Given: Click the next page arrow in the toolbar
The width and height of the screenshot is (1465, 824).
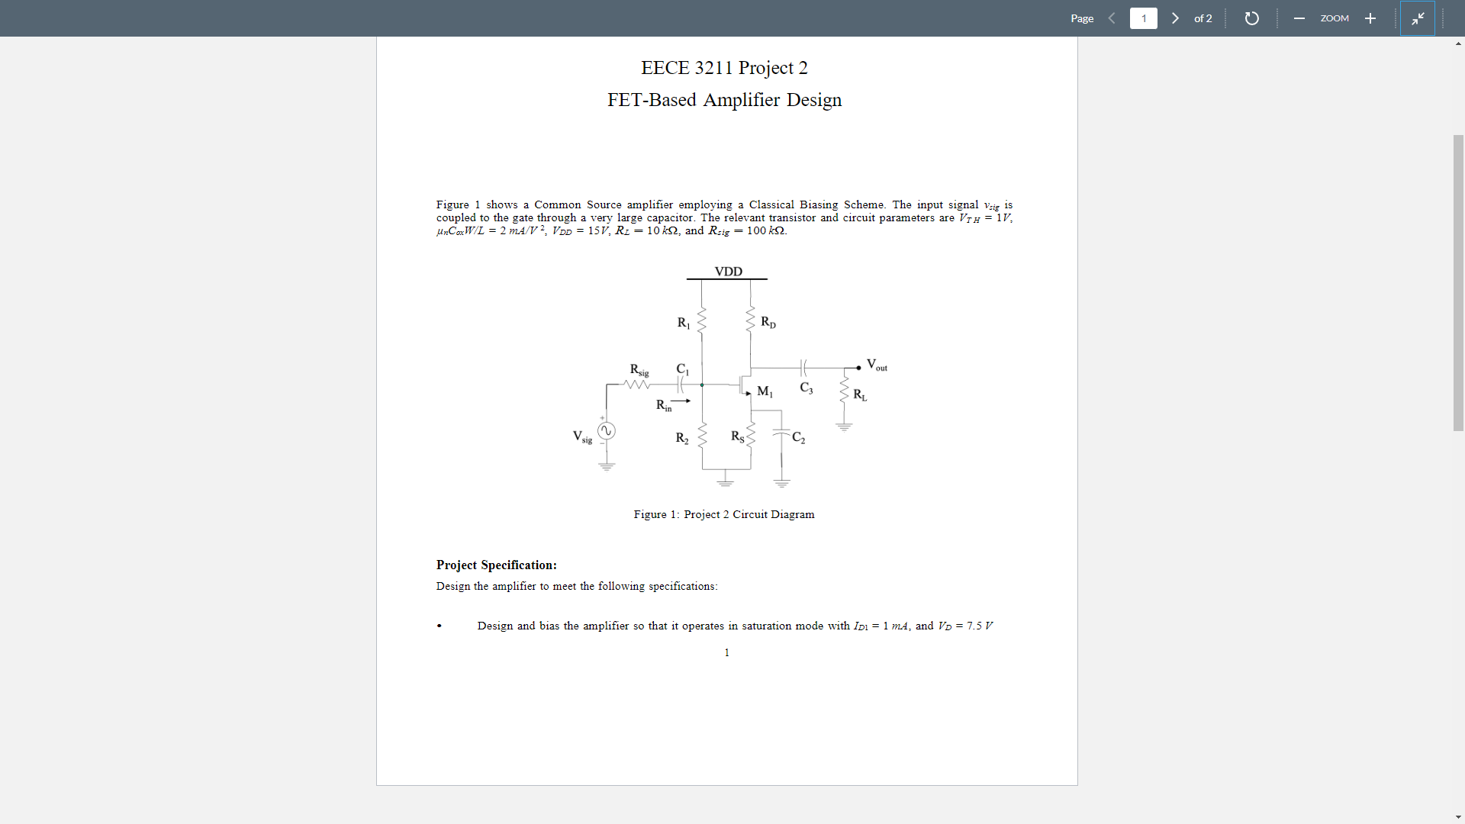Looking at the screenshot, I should pyautogui.click(x=1175, y=18).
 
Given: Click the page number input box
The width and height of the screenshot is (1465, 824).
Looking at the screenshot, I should pyautogui.click(x=1143, y=18).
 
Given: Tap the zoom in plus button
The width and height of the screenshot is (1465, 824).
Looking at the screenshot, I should pyautogui.click(x=1370, y=18).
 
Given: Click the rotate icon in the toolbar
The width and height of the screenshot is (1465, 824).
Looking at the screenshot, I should pyautogui.click(x=1251, y=18).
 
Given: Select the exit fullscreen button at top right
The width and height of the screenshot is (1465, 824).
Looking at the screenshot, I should pyautogui.click(x=1418, y=18).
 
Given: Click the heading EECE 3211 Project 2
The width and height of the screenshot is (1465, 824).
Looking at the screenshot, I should pyautogui.click(x=724, y=68).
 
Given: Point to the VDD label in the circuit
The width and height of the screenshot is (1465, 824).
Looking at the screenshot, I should pyautogui.click(x=728, y=272).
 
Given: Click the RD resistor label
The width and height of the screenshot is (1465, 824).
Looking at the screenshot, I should pyautogui.click(x=768, y=322).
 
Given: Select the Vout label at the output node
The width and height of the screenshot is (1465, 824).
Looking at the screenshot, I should pyautogui.click(x=877, y=365).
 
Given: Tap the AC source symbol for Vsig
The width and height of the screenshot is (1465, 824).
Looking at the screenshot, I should pyautogui.click(x=606, y=431).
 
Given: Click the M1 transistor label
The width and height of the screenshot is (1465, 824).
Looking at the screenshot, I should pyautogui.click(x=765, y=391).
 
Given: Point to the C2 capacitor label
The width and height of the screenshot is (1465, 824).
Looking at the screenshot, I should pyautogui.click(x=798, y=437).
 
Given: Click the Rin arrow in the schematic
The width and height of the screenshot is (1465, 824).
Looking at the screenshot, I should pyautogui.click(x=681, y=401).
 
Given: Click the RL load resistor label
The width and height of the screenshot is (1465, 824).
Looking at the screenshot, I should pyautogui.click(x=860, y=394).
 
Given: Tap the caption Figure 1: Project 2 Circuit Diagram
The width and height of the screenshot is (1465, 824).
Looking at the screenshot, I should pyautogui.click(x=724, y=514).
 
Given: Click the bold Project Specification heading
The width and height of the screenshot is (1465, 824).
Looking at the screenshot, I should pyautogui.click(x=497, y=565).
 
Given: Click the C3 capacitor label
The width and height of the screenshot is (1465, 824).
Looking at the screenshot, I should pyautogui.click(x=807, y=388).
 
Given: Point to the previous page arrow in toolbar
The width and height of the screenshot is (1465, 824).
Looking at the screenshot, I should pyautogui.click(x=1112, y=18).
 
